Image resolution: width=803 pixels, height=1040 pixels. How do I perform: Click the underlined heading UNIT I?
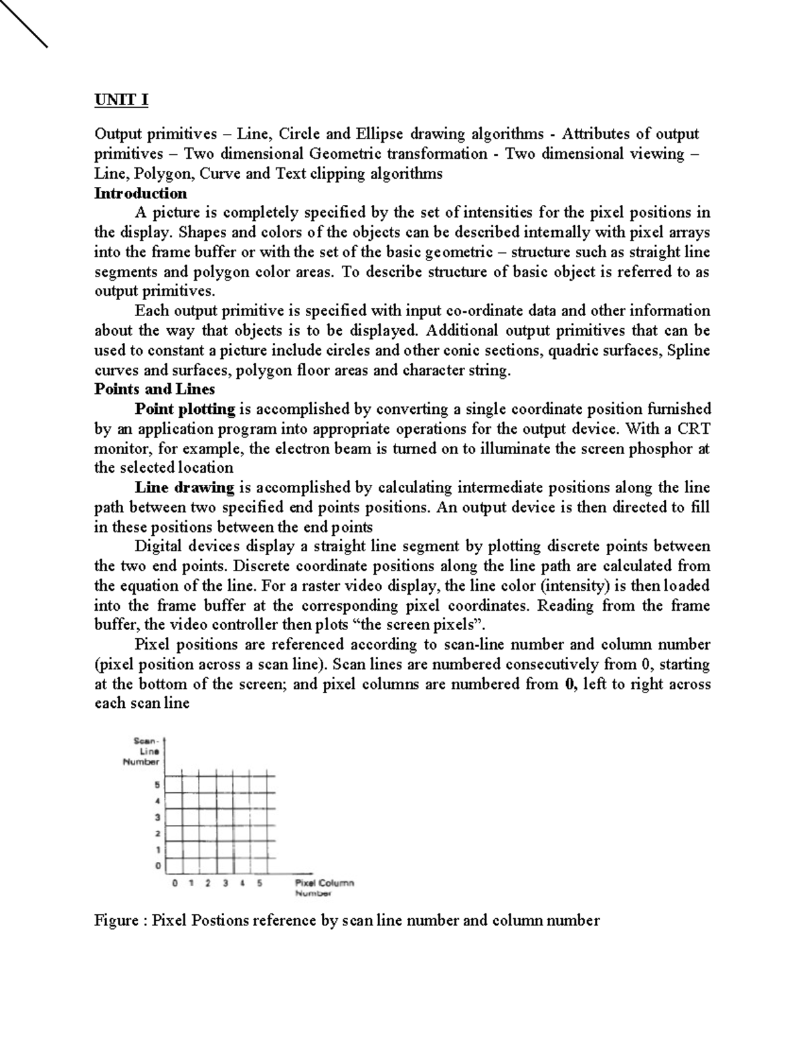point(121,100)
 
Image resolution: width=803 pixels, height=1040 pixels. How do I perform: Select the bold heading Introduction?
point(141,194)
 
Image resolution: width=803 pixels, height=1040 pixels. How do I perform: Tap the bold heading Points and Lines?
point(155,389)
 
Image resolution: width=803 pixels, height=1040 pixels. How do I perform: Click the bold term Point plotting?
point(185,409)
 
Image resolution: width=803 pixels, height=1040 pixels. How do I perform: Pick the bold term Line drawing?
point(184,488)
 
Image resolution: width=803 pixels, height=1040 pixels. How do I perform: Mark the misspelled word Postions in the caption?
point(217,921)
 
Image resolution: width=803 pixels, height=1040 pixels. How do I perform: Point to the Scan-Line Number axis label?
point(143,751)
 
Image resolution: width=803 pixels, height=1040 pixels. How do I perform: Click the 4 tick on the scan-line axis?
point(158,801)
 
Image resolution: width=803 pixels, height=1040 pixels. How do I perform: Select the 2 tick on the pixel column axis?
point(207,883)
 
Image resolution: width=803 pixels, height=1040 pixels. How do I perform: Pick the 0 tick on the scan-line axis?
point(158,867)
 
